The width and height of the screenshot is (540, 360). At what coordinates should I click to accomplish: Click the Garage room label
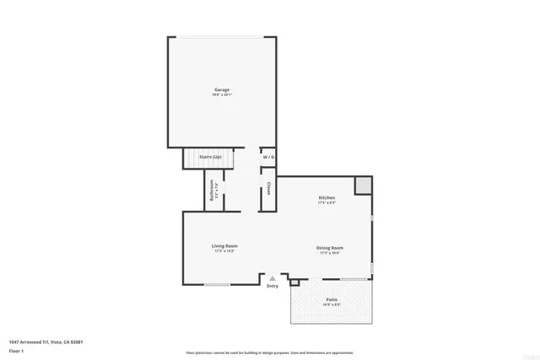coord(221,89)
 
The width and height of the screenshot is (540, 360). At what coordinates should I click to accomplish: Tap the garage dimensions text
coord(221,94)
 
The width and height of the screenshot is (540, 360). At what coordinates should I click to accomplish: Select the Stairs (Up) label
coord(210,158)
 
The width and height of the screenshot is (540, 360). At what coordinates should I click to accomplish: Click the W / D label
coord(268,158)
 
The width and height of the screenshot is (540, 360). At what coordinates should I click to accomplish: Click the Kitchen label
coord(327,197)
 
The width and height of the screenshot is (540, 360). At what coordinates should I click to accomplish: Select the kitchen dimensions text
coord(327,202)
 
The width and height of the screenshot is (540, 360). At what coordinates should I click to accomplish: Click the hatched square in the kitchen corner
coord(362,185)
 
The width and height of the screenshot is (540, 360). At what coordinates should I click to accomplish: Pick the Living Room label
coord(224,245)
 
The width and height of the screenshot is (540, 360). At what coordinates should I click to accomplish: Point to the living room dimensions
coord(224,250)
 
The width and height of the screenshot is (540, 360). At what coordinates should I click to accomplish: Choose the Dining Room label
coord(330,247)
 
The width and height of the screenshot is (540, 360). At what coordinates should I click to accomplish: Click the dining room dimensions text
coord(330,252)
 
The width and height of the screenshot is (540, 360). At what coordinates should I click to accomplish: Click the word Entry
coord(272,287)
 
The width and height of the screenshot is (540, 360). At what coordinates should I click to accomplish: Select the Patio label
coord(332,299)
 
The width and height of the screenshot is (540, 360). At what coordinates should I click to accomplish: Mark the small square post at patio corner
coord(294,282)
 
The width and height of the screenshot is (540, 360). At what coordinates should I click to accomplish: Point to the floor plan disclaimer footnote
coord(270,352)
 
